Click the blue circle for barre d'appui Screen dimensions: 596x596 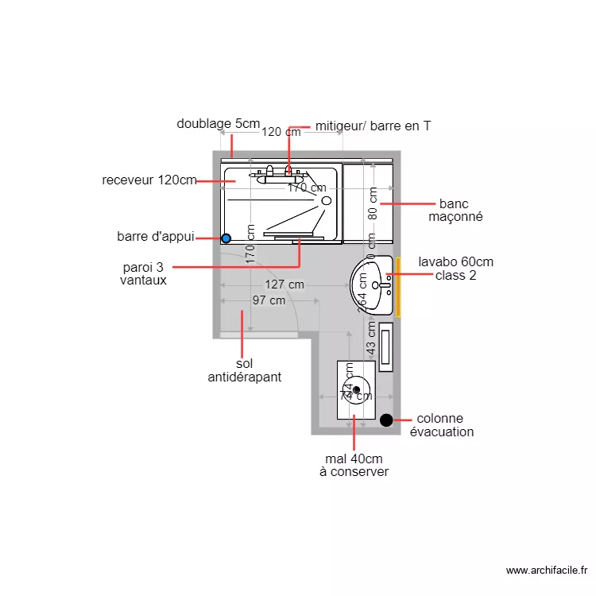pyautogui.click(x=226, y=238)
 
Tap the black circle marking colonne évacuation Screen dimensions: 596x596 pyautogui.click(x=386, y=420)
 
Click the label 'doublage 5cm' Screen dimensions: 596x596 pyautogui.click(x=218, y=124)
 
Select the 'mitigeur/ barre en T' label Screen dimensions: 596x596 pyautogui.click(x=373, y=126)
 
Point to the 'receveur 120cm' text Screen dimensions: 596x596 pyautogui.click(x=149, y=180)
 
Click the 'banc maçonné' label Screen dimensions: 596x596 pyautogui.click(x=455, y=211)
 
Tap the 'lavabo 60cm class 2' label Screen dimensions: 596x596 pyautogui.click(x=455, y=269)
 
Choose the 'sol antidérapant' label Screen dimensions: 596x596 pyautogui.click(x=244, y=370)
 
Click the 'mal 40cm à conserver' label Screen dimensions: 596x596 pyautogui.click(x=354, y=465)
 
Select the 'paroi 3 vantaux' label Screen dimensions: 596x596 pyautogui.click(x=143, y=273)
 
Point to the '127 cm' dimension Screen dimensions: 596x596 pyautogui.click(x=284, y=284)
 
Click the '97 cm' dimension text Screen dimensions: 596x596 pyautogui.click(x=269, y=300)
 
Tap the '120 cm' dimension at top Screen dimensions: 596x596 pyautogui.click(x=281, y=132)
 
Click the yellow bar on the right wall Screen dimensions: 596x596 pyautogui.click(x=398, y=287)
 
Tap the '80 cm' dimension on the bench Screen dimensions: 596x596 pyautogui.click(x=372, y=203)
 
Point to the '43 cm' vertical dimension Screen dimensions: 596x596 pyautogui.click(x=372, y=338)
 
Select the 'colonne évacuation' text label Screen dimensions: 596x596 pyautogui.click(x=442, y=425)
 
